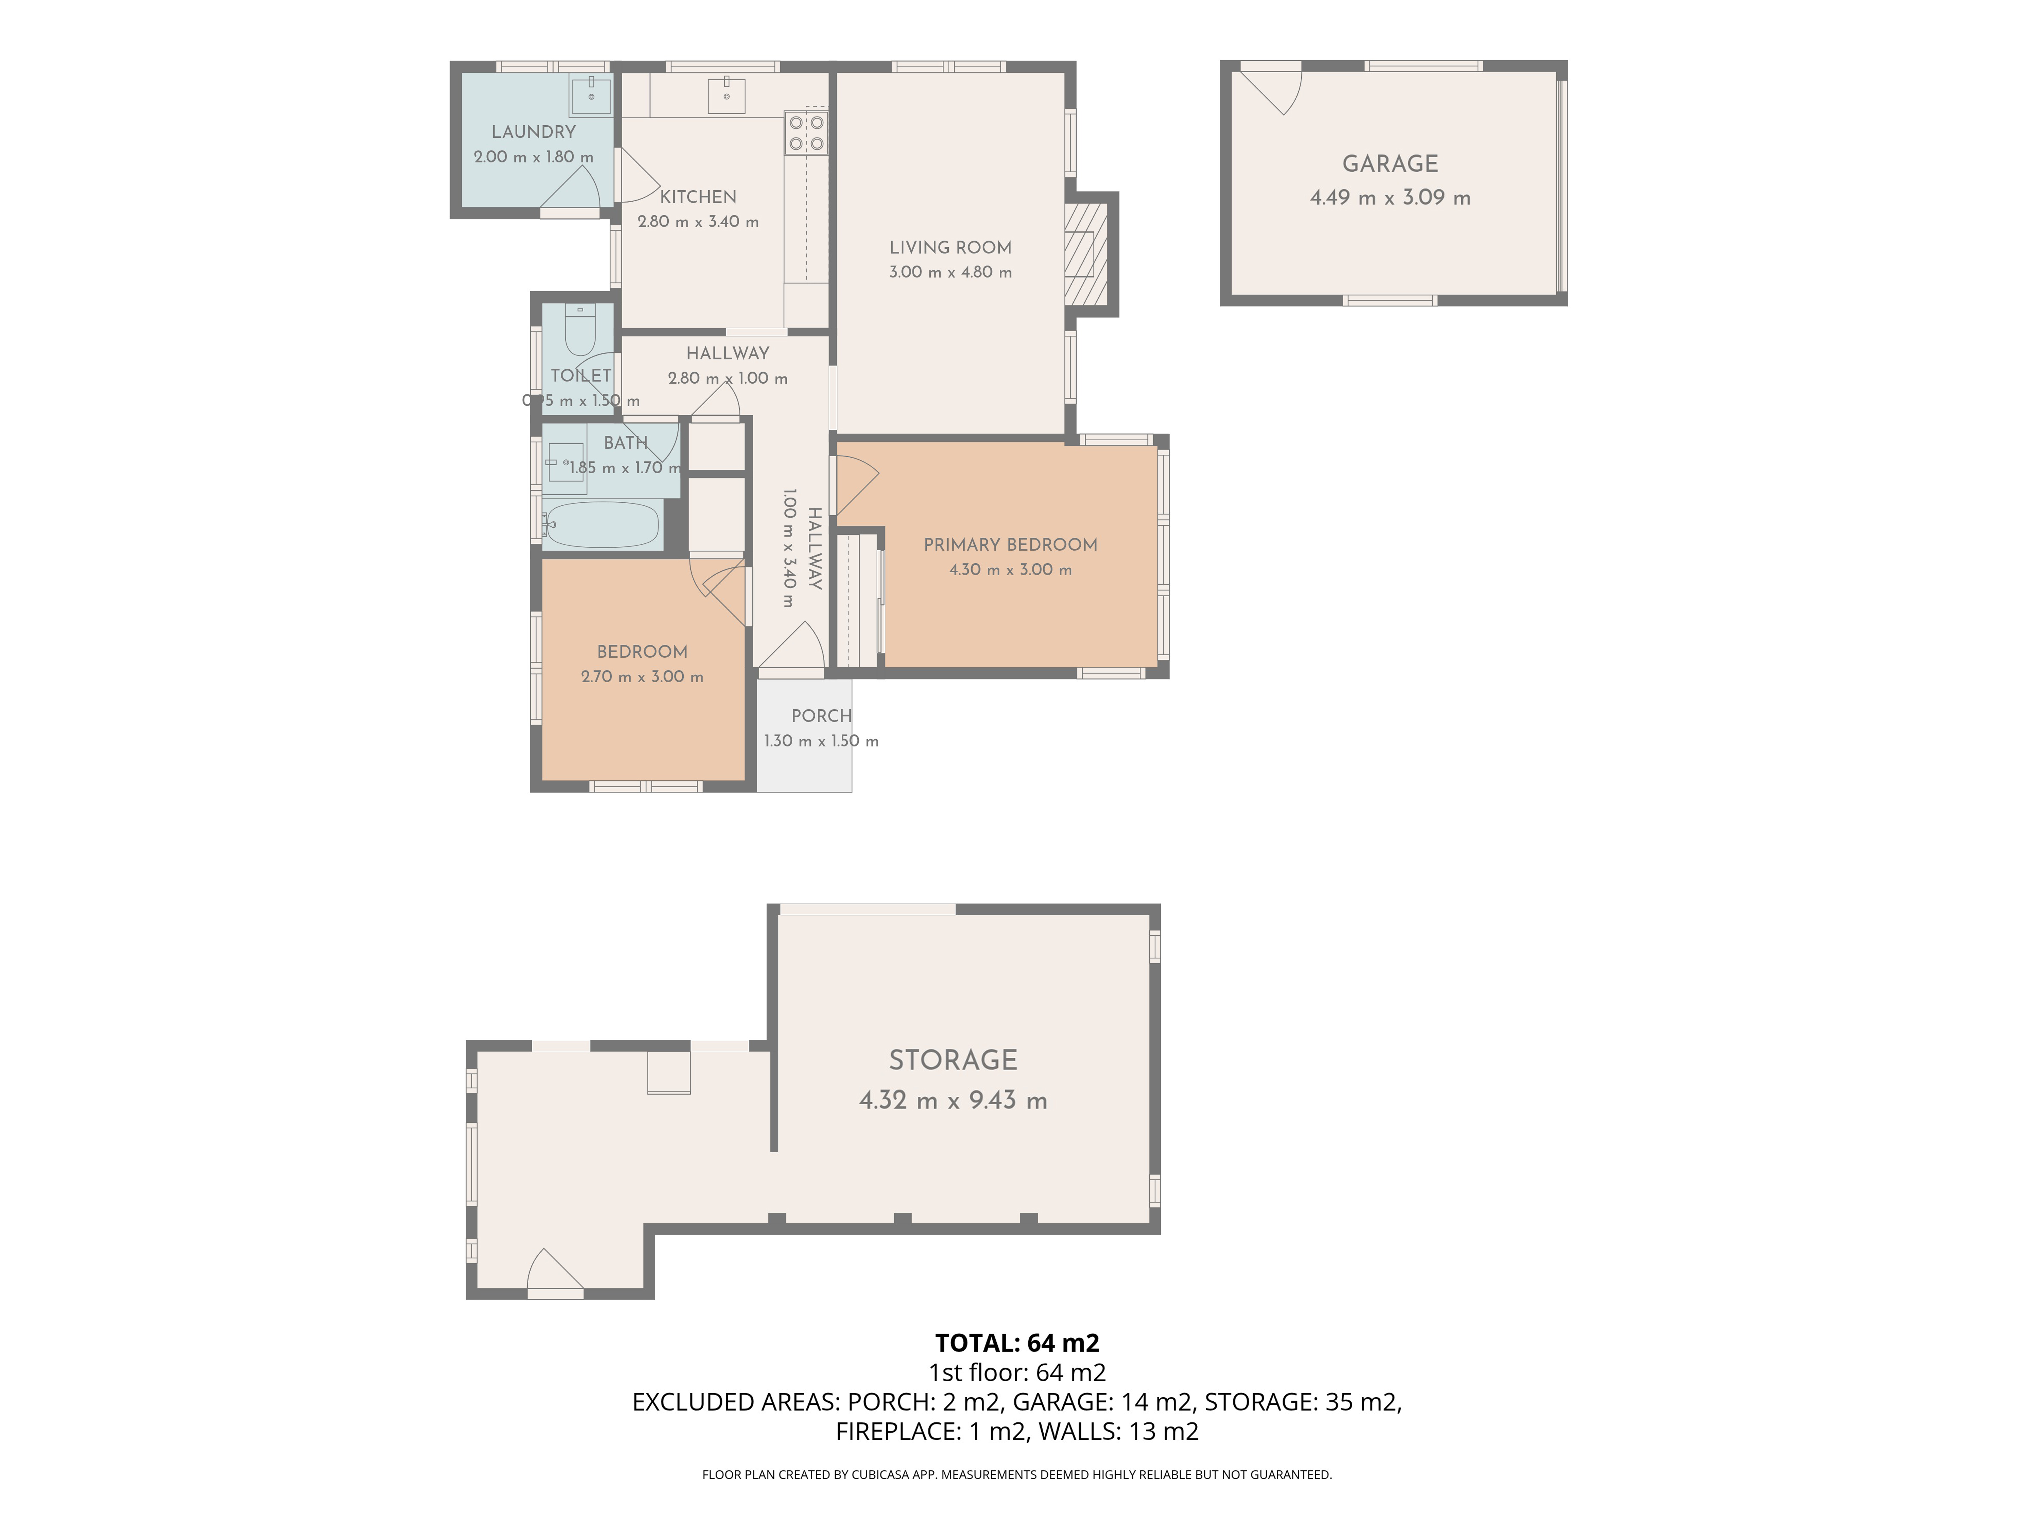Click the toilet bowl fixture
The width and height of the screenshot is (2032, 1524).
[x=580, y=331]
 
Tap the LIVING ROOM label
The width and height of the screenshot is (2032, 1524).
[x=950, y=247]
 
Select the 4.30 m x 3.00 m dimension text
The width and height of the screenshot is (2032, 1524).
[x=1010, y=569]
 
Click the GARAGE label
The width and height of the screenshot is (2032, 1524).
[x=1390, y=163]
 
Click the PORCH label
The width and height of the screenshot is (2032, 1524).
[x=821, y=716]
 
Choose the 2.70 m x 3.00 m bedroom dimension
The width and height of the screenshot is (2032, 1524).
[x=642, y=677]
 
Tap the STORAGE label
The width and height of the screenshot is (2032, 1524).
[x=952, y=1060]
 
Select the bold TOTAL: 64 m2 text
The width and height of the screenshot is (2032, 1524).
[x=1017, y=1343]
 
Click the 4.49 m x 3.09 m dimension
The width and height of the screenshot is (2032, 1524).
[x=1390, y=198]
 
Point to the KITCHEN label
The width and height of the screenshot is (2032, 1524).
[x=698, y=196]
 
